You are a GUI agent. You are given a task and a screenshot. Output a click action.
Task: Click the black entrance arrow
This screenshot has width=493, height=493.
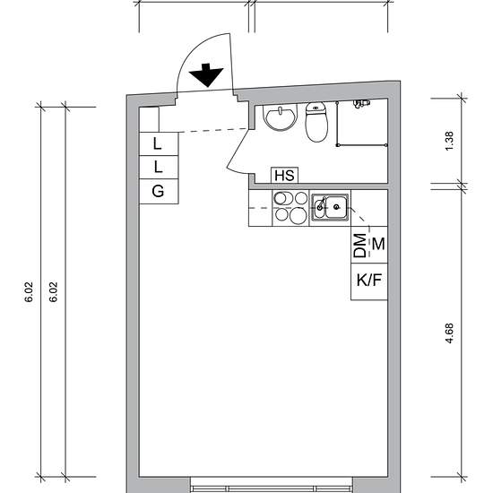point(206,75)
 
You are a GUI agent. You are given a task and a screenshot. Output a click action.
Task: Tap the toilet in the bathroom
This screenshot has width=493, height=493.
point(316,122)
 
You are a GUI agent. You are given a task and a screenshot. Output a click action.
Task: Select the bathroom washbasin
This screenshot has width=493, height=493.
point(280,117)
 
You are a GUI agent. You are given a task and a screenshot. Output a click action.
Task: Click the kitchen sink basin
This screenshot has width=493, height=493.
point(330,206)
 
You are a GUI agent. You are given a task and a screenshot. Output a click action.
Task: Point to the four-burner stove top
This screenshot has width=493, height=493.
point(290,208)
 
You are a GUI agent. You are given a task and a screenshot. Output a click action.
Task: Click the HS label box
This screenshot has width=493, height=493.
point(284,175)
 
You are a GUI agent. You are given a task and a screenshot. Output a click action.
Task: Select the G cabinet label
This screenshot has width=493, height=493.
point(158,191)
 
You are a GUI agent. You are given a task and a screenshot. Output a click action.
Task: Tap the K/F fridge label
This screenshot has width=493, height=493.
point(368,280)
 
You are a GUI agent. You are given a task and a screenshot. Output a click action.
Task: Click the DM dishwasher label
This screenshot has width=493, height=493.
point(360,246)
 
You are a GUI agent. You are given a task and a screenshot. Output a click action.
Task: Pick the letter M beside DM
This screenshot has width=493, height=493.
point(378,244)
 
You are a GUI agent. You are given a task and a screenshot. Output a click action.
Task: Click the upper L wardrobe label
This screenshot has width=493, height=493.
point(157,143)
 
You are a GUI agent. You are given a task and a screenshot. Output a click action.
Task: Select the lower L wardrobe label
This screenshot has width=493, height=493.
point(158,167)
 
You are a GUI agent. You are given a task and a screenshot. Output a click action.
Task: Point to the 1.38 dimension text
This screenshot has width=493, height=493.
point(450,141)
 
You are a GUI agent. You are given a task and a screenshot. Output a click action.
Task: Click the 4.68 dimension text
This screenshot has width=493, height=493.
point(450,333)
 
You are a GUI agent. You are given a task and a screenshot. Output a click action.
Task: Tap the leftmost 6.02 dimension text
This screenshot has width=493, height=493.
point(29,292)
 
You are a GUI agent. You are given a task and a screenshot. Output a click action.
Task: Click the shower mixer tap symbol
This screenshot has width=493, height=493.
point(361,103)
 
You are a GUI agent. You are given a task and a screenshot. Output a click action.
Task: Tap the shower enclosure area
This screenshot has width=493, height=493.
point(362,124)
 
